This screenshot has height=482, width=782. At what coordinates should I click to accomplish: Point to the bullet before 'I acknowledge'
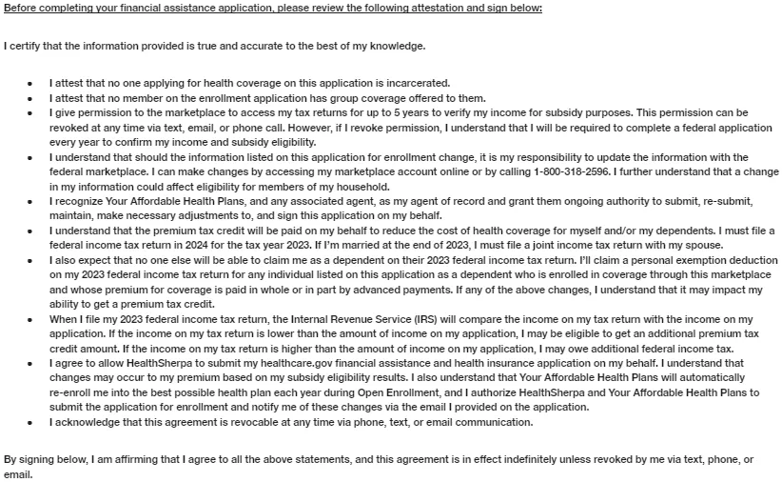click(31, 422)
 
